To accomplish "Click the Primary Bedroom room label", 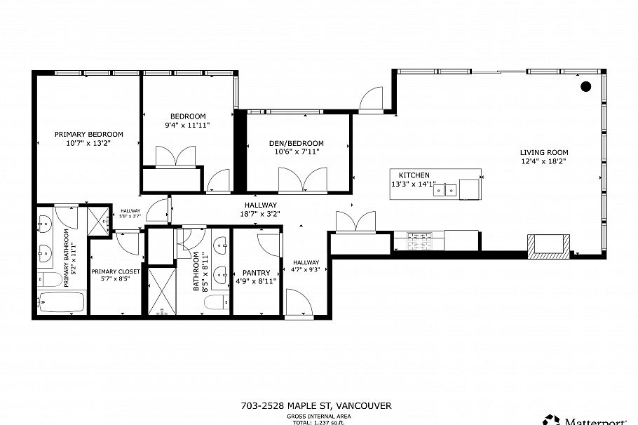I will click(89, 134).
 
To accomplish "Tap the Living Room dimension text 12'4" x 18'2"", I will click(543, 161).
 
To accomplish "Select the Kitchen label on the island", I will click(414, 175).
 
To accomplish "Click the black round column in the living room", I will click(586, 86).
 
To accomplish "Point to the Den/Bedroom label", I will click(297, 143).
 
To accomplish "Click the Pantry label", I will click(256, 273).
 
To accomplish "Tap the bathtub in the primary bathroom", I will click(60, 303).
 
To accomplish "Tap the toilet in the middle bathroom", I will click(215, 302).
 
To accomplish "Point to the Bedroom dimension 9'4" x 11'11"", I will click(187, 125).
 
